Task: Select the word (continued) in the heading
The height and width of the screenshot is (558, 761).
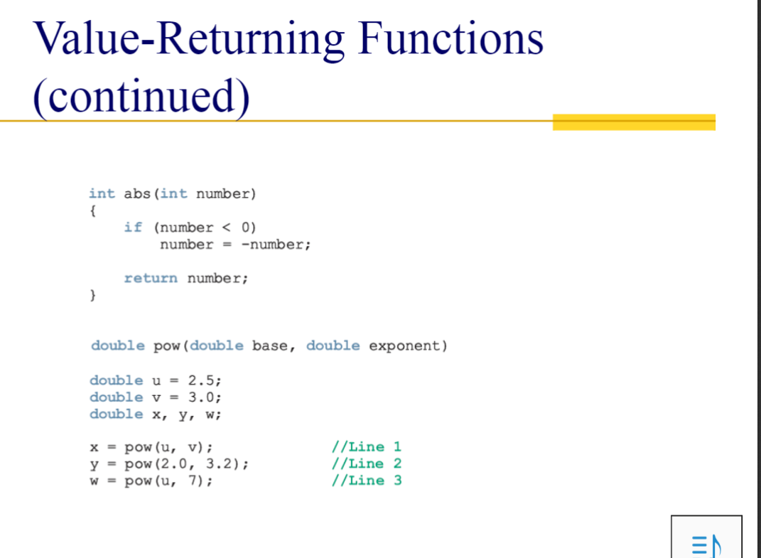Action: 141,96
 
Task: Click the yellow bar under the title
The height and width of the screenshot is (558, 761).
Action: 633,122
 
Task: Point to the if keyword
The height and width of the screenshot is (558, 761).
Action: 132,227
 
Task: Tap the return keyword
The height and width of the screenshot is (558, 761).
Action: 150,278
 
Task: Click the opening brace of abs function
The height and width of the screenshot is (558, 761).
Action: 93,210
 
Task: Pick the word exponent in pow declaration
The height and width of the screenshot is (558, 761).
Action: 406,346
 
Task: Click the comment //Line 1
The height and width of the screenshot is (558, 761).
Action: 366,447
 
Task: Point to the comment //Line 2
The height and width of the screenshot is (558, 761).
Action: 366,463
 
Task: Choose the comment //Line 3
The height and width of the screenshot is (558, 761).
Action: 366,481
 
